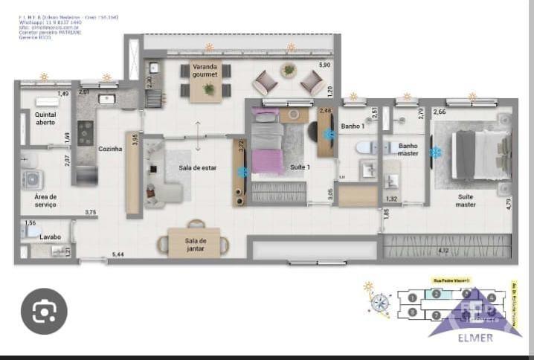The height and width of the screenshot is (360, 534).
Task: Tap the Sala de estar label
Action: pyautogui.click(x=198, y=168)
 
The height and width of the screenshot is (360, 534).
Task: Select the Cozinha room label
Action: pyautogui.click(x=109, y=149)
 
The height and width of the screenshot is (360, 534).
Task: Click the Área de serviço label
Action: pyautogui.click(x=45, y=200)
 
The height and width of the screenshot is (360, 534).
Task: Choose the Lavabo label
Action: pyautogui.click(x=51, y=237)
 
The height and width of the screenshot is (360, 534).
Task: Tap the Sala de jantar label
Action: pyautogui.click(x=196, y=244)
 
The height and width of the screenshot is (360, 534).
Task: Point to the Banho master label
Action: pyautogui.click(x=408, y=150)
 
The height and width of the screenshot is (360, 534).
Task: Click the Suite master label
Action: pyautogui.click(x=466, y=201)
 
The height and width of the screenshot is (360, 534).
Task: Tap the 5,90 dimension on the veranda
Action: pyautogui.click(x=324, y=66)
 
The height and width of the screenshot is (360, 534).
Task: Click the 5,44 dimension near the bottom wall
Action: pyautogui.click(x=118, y=255)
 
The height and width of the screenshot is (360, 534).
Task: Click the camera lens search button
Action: pyautogui.click(x=44, y=311)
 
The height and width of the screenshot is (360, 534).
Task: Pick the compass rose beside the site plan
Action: pyautogui.click(x=381, y=302)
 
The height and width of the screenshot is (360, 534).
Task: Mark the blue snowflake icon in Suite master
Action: pyautogui.click(x=437, y=152)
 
